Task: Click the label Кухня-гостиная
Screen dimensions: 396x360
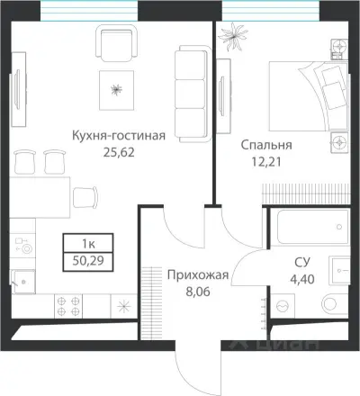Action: click(x=119, y=137)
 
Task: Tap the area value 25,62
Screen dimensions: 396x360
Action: click(x=119, y=153)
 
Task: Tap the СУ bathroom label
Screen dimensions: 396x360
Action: click(x=303, y=262)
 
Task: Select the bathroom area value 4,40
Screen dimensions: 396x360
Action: click(x=303, y=278)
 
